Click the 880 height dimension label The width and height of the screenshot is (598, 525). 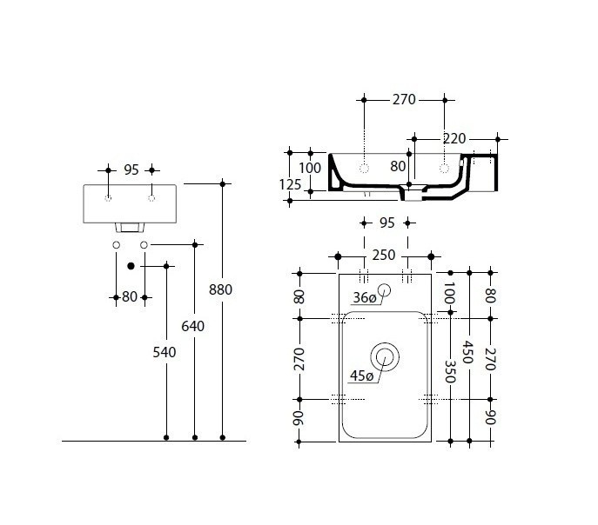(220, 289)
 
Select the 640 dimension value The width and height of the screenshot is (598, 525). (192, 326)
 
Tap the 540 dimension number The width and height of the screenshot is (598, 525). (165, 353)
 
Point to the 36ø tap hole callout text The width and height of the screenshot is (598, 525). (365, 298)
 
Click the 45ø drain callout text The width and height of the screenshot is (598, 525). (361, 376)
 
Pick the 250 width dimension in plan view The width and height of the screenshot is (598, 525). (384, 255)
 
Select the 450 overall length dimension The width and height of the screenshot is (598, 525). (468, 352)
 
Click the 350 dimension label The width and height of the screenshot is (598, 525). (450, 371)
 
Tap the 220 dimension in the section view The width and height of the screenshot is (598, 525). (454, 138)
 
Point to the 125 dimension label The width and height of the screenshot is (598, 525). (290, 184)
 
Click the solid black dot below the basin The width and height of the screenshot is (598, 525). (131, 266)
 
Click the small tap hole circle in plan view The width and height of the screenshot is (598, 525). (384, 290)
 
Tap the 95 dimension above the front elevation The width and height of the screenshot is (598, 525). (131, 169)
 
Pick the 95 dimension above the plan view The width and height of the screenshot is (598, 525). (387, 223)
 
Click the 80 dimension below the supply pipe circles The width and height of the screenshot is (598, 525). (130, 297)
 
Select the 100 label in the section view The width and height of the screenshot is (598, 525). (310, 168)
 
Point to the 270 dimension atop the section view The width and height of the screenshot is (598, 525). (404, 100)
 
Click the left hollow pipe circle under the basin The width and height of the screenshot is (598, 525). (117, 245)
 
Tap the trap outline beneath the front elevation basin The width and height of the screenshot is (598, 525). (130, 228)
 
